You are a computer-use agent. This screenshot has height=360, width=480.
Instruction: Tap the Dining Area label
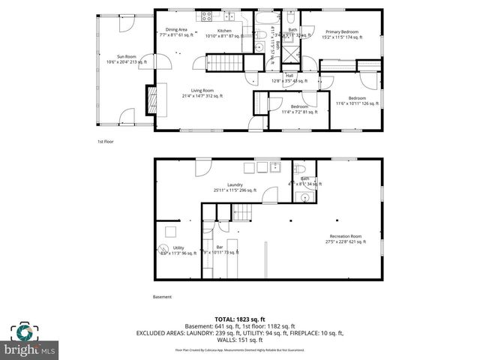(x=177, y=32)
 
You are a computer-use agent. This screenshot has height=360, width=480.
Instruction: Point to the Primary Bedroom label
(x=340, y=34)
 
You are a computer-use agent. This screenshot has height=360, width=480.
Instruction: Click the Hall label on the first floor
(x=289, y=77)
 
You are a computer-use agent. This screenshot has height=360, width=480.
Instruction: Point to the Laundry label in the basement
(x=234, y=187)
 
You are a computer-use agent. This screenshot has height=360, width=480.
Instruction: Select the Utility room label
(x=178, y=250)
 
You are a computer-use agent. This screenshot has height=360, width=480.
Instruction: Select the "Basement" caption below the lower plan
(x=162, y=297)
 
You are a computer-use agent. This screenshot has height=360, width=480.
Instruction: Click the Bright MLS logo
(x=30, y=340)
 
